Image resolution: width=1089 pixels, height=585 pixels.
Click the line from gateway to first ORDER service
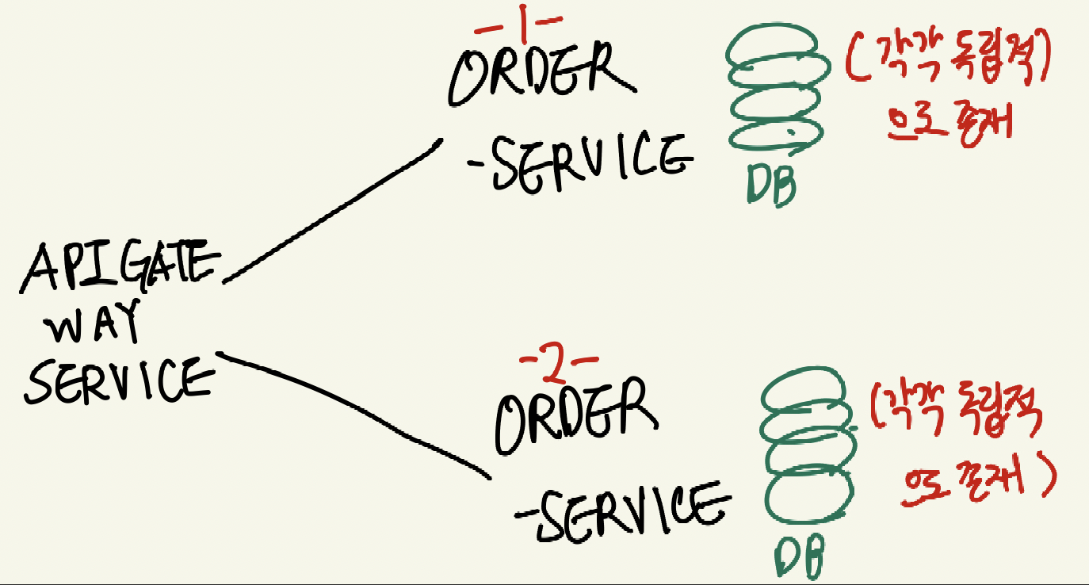[x=333, y=210]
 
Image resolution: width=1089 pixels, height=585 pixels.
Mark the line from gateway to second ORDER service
[x=357, y=412]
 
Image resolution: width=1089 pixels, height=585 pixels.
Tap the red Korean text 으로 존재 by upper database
[x=947, y=125]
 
